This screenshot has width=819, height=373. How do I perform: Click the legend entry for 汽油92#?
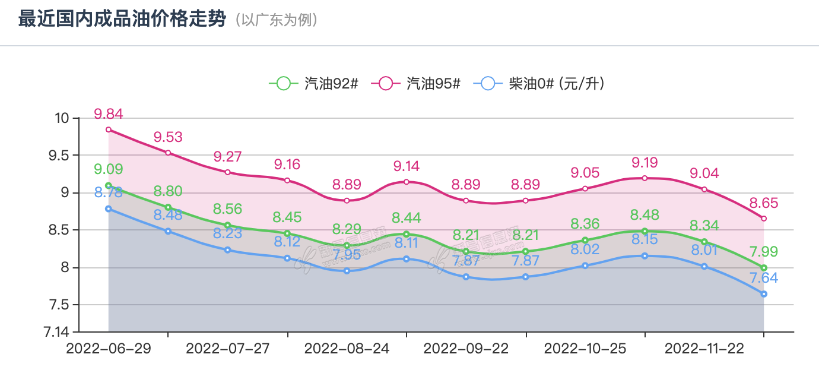click(314, 84)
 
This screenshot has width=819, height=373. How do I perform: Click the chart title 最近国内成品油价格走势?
click(122, 20)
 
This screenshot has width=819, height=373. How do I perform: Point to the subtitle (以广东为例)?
click(277, 20)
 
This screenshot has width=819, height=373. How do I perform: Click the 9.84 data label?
click(109, 114)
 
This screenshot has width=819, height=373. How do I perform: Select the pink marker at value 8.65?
click(764, 219)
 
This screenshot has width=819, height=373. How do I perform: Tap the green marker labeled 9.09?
click(109, 185)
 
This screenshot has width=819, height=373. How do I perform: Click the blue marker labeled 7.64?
click(764, 294)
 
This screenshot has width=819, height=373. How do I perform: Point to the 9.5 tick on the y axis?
click(58, 156)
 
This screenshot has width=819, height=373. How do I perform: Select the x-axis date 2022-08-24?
click(347, 349)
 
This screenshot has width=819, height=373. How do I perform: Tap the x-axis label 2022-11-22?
click(704, 349)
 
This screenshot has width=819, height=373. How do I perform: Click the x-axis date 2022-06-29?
click(109, 349)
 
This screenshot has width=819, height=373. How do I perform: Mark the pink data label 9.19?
click(645, 162)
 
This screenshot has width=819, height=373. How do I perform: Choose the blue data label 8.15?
click(645, 240)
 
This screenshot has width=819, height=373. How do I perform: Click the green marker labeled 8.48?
click(645, 231)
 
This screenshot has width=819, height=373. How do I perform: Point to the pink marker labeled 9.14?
click(407, 182)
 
